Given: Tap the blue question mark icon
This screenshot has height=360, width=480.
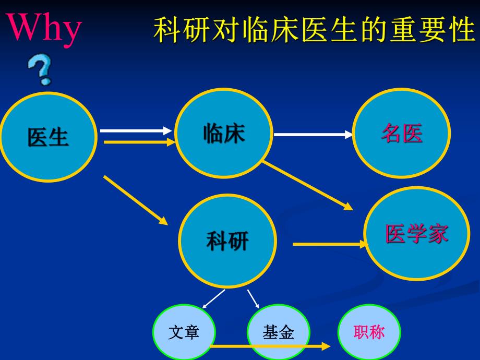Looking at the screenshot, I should [40, 70].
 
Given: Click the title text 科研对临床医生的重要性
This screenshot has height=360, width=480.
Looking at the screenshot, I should [313, 30].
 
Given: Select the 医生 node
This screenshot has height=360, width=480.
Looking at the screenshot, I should [48, 137].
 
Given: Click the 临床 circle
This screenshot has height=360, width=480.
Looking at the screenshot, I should [223, 134].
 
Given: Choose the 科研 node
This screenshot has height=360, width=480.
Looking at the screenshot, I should [227, 241].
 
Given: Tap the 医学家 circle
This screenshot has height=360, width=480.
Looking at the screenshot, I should [416, 234].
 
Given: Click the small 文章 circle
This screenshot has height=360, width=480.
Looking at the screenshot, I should [184, 332].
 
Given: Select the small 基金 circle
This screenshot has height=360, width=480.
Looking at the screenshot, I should [278, 332].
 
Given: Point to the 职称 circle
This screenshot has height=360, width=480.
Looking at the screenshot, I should [369, 332].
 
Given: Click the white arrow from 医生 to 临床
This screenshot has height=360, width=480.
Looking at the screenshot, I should [136, 130].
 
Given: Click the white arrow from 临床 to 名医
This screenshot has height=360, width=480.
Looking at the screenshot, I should [313, 134].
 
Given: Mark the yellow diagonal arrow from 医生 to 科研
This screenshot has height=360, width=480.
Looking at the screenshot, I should [136, 200].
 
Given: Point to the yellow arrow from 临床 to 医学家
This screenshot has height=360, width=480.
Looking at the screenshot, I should [308, 186].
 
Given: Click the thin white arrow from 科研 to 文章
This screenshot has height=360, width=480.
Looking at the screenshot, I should [213, 299].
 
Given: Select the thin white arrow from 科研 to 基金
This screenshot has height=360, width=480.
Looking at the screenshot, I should [253, 298].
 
